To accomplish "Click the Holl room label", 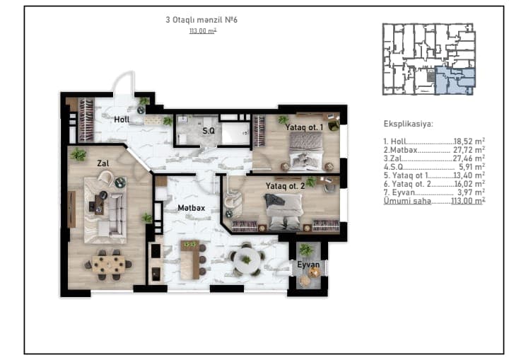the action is click(x=122, y=120).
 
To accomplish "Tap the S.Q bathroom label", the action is click(x=209, y=131).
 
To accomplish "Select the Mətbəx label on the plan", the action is click(x=191, y=208).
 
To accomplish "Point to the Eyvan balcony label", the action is click(x=308, y=265).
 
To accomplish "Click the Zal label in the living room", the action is click(x=103, y=163).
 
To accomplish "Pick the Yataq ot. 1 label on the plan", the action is click(x=304, y=127).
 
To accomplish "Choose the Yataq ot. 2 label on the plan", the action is click(x=286, y=186).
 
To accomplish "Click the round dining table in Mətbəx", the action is click(x=247, y=260).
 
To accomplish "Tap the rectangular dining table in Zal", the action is click(x=108, y=264).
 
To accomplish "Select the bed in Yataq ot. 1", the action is click(x=306, y=151).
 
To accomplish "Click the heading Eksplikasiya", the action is click(x=409, y=124).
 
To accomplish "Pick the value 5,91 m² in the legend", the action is click(x=472, y=167).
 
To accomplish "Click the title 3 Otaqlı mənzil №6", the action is click(x=201, y=20).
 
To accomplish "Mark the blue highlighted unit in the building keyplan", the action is click(x=454, y=81).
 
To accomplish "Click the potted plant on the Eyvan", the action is click(x=306, y=250).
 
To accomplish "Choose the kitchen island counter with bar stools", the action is click(x=191, y=260).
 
